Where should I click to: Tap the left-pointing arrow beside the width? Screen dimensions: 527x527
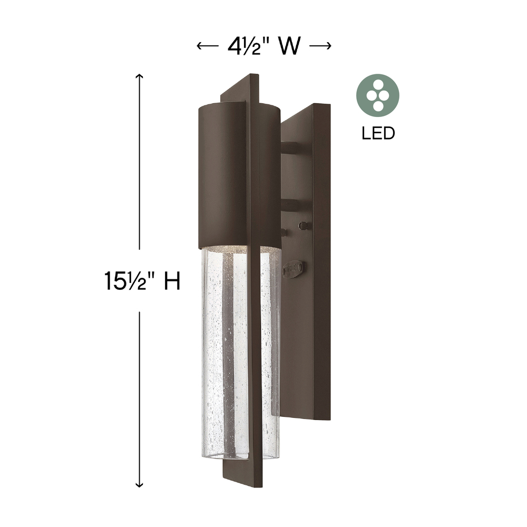pos(207,46)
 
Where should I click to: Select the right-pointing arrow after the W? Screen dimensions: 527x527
pos(320,46)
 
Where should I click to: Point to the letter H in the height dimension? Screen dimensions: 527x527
pos(172,281)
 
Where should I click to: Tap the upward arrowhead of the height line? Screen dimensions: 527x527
pos(139,77)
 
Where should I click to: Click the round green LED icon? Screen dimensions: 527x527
pos(378,95)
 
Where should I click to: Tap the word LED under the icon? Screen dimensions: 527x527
pos(378,133)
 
